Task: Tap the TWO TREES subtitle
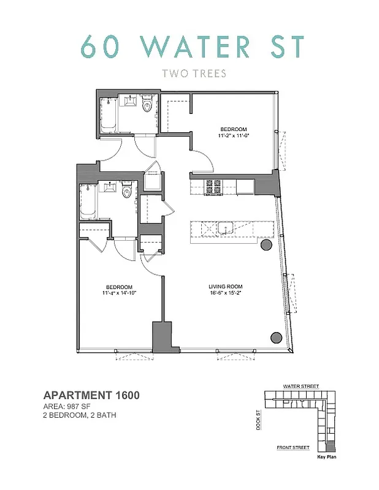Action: tap(194, 74)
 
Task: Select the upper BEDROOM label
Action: tap(234, 129)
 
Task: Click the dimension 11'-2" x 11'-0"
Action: tap(234, 136)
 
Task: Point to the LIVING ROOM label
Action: tap(226, 287)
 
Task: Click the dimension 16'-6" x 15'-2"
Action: tap(226, 293)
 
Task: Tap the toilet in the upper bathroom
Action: tap(147, 105)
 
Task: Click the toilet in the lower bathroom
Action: tap(127, 192)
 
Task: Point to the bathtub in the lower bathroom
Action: tap(86, 200)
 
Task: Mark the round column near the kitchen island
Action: tap(266, 245)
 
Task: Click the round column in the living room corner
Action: tap(276, 336)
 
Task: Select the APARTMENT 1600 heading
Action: tap(91, 396)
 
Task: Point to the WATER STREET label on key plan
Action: tap(298, 386)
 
